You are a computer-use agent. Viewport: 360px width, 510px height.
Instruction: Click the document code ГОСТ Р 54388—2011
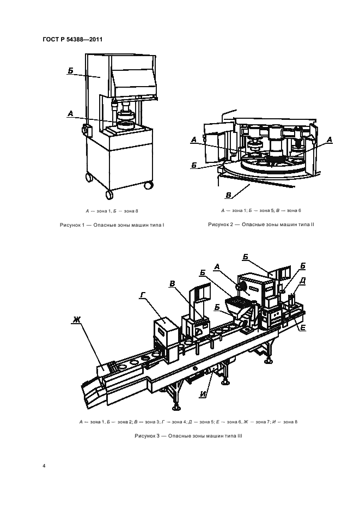pyautogui.click(x=72, y=39)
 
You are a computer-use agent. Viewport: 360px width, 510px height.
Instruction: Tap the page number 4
pyautogui.click(x=44, y=466)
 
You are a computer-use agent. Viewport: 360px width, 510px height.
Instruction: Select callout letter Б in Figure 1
pyautogui.click(x=71, y=70)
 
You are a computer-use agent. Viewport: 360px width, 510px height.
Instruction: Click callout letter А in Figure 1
pyautogui.click(x=70, y=114)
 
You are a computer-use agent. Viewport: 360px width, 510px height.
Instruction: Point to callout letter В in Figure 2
pyautogui.click(x=229, y=195)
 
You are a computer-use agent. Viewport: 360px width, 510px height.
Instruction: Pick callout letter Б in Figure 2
pyautogui.click(x=194, y=165)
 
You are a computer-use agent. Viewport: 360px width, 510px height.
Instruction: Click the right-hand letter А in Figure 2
pyautogui.click(x=330, y=140)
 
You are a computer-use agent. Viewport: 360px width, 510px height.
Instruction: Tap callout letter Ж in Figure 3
pyautogui.click(x=76, y=320)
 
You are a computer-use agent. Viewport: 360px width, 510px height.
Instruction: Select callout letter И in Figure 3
pyautogui.click(x=203, y=394)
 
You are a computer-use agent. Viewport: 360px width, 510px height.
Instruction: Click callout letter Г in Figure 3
pyautogui.click(x=142, y=295)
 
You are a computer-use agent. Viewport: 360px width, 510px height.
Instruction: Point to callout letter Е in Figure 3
pyautogui.click(x=302, y=327)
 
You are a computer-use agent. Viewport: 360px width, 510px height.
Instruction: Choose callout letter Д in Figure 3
pyautogui.click(x=302, y=281)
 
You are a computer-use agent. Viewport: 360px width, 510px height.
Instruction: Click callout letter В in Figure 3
pyautogui.click(x=172, y=284)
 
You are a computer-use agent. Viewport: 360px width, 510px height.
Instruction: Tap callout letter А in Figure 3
pyautogui.click(x=217, y=267)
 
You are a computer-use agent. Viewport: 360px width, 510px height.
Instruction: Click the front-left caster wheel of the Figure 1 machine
pyautogui.click(x=109, y=195)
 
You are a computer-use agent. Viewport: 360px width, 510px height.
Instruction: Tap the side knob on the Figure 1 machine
pyautogui.click(x=87, y=130)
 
